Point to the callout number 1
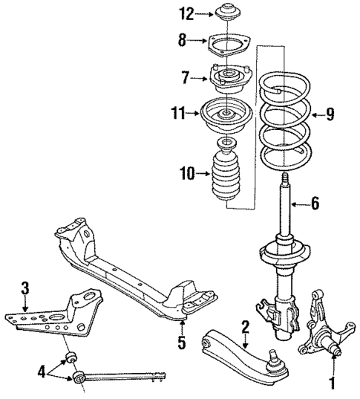[333, 383]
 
